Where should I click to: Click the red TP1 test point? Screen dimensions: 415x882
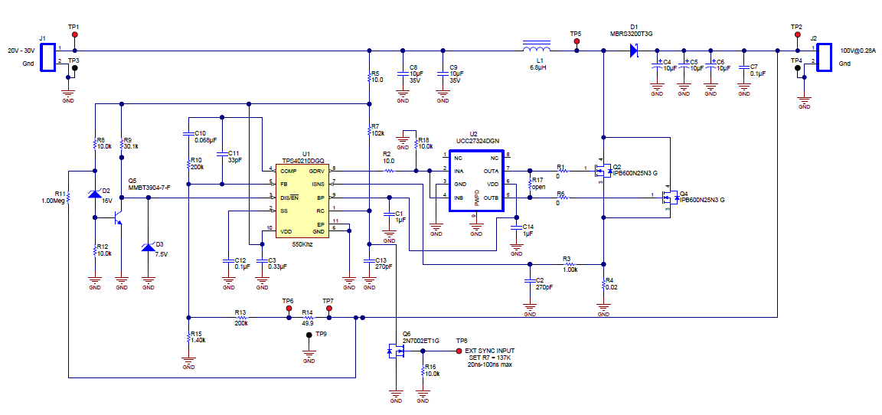[74, 36]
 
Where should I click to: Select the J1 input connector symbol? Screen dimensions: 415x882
[48, 57]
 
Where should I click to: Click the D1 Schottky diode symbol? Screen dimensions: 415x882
[634, 51]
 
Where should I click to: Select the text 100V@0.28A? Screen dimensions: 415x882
[858, 51]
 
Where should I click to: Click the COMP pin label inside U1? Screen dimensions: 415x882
[288, 170]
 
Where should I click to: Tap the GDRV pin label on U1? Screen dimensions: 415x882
[316, 170]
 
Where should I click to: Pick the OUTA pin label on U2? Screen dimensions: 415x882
[490, 171]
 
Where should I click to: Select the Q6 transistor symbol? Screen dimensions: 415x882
[396, 351]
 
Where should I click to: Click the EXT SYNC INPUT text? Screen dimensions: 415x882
[491, 351]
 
